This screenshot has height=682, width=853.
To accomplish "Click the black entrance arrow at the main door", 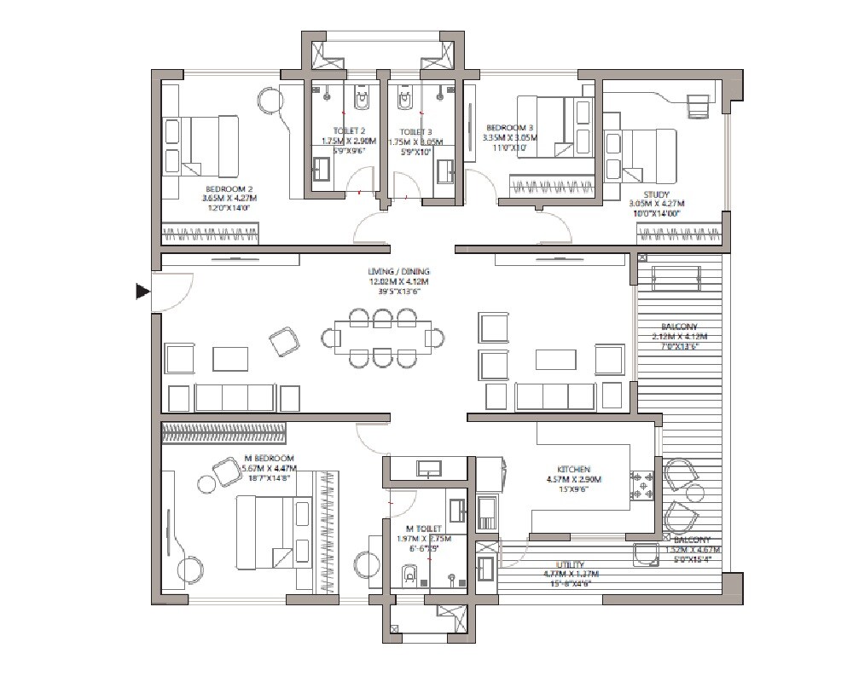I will (142, 292).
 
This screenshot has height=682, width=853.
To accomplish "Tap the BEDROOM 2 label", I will (228, 188).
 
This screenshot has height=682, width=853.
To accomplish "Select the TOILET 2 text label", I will (339, 131).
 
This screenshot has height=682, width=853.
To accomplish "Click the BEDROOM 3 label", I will (509, 127).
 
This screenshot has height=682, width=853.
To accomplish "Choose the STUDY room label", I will (657, 194).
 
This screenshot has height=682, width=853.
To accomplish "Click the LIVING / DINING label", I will (399, 272).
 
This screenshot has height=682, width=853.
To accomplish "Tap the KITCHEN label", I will (574, 470).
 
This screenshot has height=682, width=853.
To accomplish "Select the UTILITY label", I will (570, 564).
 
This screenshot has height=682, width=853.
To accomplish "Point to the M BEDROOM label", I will (269, 458).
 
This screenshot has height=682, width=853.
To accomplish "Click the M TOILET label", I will (424, 529).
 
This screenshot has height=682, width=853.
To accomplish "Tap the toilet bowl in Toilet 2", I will (363, 101).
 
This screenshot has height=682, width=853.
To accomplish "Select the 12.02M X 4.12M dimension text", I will (399, 282).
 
